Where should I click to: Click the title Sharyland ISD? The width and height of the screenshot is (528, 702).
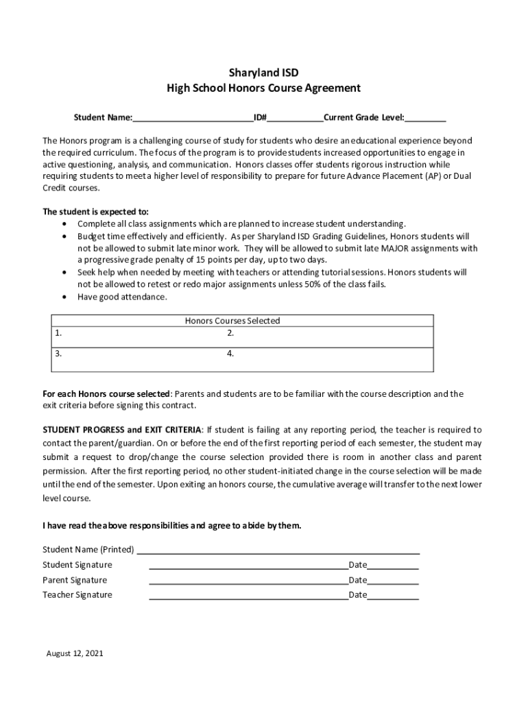(264, 72)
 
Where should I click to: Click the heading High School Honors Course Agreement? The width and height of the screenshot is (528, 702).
(264, 88)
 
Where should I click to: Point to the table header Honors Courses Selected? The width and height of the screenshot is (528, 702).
(232, 320)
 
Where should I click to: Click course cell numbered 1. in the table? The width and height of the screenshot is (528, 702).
(137, 337)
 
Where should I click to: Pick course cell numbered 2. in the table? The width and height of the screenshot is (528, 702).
(329, 337)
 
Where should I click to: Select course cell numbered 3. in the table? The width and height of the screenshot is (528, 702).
(137, 359)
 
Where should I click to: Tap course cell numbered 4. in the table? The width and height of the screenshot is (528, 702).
(329, 359)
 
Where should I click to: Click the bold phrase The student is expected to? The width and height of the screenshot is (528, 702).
(95, 211)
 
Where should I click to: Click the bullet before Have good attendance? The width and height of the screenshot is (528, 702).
(64, 298)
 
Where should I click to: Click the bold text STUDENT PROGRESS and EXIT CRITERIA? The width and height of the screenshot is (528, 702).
(122, 430)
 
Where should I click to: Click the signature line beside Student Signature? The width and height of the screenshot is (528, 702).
(248, 566)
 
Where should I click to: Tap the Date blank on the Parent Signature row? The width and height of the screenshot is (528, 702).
(393, 581)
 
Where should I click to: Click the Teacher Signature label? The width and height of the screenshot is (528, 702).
(77, 595)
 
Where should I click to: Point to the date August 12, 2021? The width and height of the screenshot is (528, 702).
(75, 653)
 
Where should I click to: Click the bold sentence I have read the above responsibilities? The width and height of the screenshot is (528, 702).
(171, 526)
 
